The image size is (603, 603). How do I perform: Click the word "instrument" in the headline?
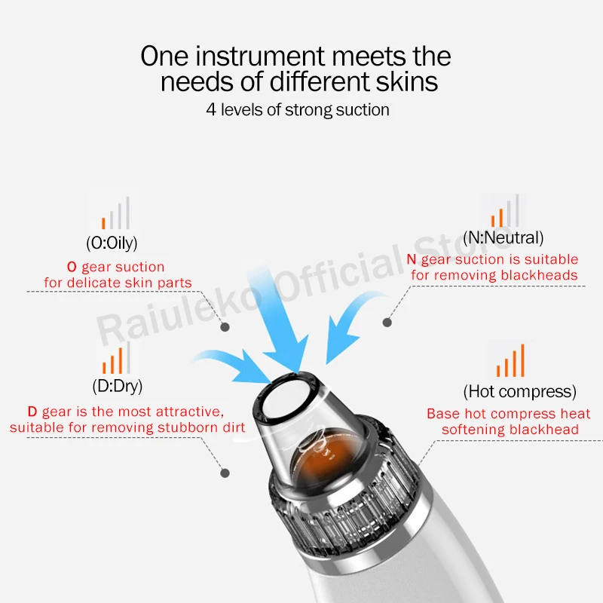[260, 56]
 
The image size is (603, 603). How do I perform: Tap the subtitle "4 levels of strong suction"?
[298, 109]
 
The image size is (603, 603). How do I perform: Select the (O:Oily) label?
[112, 243]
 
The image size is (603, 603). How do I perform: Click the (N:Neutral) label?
[504, 237]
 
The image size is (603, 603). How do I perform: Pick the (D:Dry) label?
[118, 386]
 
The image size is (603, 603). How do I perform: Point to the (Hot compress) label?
[520, 392]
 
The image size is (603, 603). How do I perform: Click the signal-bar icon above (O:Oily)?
[115, 213]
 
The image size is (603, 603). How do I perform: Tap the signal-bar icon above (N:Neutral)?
[505, 211]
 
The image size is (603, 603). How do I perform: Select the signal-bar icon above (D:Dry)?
[116, 357]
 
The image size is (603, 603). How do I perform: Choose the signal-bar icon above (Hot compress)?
[510, 360]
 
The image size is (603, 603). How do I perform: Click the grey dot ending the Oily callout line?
[225, 327]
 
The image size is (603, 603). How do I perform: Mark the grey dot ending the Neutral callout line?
[387, 323]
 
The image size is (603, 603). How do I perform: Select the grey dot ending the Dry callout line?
[225, 473]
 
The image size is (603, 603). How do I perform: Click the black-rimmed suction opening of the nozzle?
[286, 396]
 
